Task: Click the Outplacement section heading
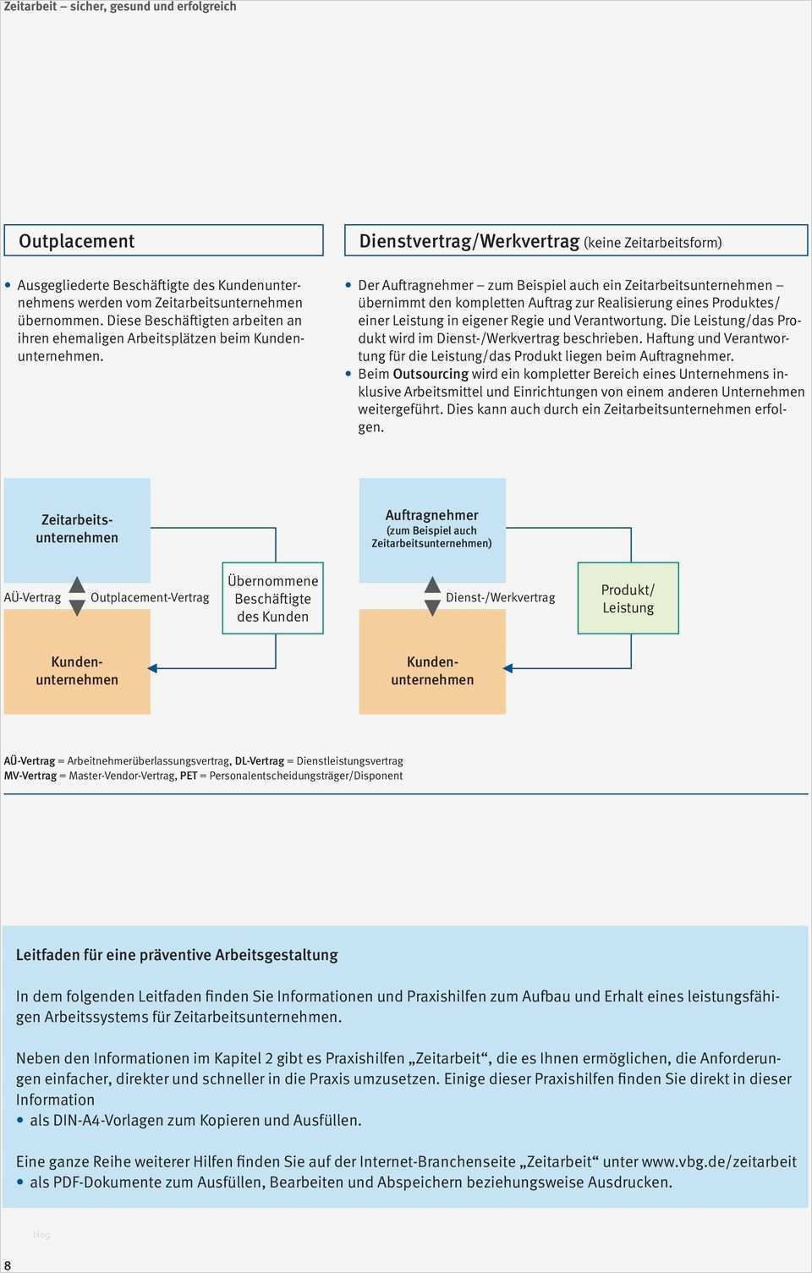tap(77, 241)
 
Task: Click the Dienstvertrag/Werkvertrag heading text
tap(469, 241)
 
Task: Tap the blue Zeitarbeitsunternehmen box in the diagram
tap(77, 529)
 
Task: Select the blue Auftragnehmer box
tap(431, 529)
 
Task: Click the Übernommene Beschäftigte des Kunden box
tap(272, 598)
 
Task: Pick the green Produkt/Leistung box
tap(628, 598)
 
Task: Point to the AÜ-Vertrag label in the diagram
tap(32, 597)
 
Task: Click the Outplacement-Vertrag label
tap(150, 597)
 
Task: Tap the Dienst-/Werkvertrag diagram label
tap(500, 597)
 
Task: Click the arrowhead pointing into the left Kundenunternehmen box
tap(153, 668)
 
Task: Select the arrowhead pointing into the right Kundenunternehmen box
tap(508, 668)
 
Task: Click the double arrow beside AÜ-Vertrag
tap(77, 596)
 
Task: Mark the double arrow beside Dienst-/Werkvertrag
tap(432, 596)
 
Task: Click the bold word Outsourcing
tap(431, 374)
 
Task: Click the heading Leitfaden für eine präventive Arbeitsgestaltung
tap(177, 955)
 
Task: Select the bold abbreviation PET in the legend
tap(188, 776)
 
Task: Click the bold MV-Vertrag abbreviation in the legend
tap(30, 776)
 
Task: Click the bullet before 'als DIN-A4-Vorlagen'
tap(20, 1121)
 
